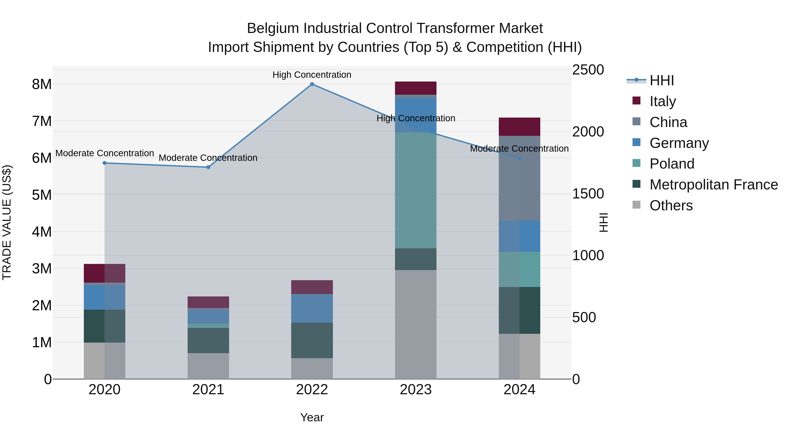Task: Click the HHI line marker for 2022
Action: pyautogui.click(x=312, y=84)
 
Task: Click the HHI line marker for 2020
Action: pyautogui.click(x=105, y=163)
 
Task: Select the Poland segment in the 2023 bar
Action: pyautogui.click(x=416, y=190)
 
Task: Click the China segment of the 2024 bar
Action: pyautogui.click(x=519, y=178)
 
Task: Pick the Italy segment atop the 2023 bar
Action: pyautogui.click(x=416, y=88)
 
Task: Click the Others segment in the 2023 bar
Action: pyautogui.click(x=416, y=324)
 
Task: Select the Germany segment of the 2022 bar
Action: pyautogui.click(x=312, y=308)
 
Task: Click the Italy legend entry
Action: pyautogui.click(x=663, y=101)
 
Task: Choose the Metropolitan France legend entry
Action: pyautogui.click(x=713, y=185)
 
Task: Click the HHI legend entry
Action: pyautogui.click(x=661, y=80)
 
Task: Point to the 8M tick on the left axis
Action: pyautogui.click(x=42, y=84)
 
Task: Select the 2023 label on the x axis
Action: pyautogui.click(x=416, y=390)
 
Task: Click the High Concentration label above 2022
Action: pyautogui.click(x=312, y=75)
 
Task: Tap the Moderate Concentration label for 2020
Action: pyautogui.click(x=105, y=153)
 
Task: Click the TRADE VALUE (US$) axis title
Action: pyautogui.click(x=7, y=222)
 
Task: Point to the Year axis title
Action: pyautogui.click(x=312, y=417)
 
